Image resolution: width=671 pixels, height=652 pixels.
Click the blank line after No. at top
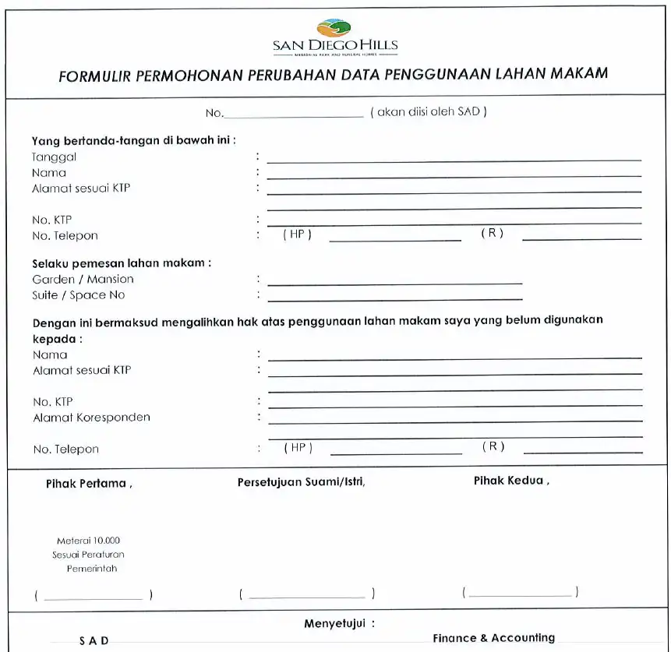click(x=294, y=116)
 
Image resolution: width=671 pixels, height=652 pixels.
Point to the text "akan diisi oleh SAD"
click(x=428, y=112)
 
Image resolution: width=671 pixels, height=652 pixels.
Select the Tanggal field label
click(x=55, y=157)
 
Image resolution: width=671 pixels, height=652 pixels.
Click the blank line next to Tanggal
click(x=454, y=160)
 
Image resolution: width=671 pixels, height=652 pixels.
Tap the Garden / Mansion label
click(x=83, y=279)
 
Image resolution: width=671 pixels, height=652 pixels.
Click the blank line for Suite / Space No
click(x=394, y=299)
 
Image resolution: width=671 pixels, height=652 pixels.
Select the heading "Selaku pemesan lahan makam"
click(x=122, y=263)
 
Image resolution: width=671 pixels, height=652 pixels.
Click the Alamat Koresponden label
click(x=91, y=418)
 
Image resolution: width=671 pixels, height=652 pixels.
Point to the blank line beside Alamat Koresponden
click(x=455, y=421)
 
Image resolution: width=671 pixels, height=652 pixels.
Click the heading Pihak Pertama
click(x=88, y=484)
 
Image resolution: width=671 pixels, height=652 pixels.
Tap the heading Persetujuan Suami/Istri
click(x=301, y=482)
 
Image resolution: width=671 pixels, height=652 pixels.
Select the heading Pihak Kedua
click(x=511, y=481)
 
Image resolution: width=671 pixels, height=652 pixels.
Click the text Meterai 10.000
click(x=88, y=541)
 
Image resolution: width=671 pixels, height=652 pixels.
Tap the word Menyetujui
click(x=339, y=624)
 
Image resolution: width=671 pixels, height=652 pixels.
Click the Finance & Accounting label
click(x=493, y=638)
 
